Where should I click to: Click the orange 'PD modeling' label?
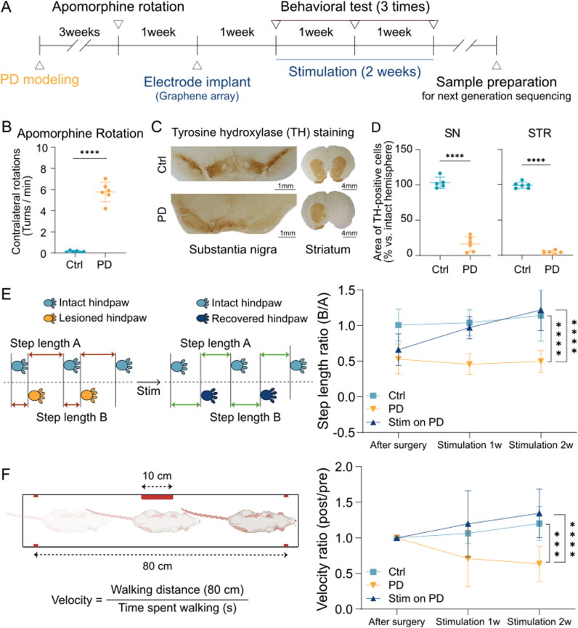coord(40,76)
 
